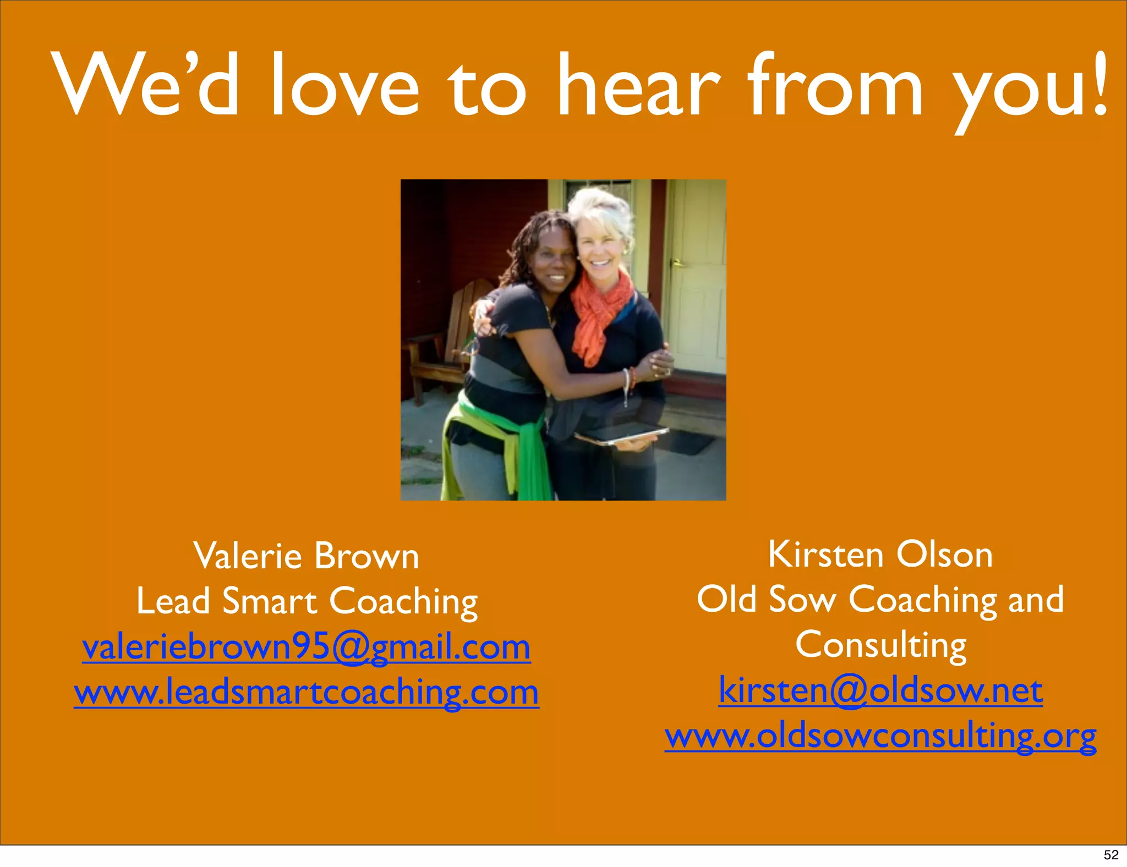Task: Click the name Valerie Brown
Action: pos(306,556)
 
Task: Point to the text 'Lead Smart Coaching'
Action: pos(307,601)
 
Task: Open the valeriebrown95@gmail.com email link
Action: pos(306,647)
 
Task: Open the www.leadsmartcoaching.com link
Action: pos(306,692)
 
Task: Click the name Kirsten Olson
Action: pos(880,554)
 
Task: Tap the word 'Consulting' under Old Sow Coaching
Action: pos(880,645)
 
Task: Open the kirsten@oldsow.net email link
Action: pos(880,690)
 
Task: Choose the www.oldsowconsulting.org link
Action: pos(880,736)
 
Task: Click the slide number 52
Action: pos(1111,855)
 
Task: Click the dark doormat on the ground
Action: pos(688,440)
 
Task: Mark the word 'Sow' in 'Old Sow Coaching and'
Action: pos(802,600)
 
